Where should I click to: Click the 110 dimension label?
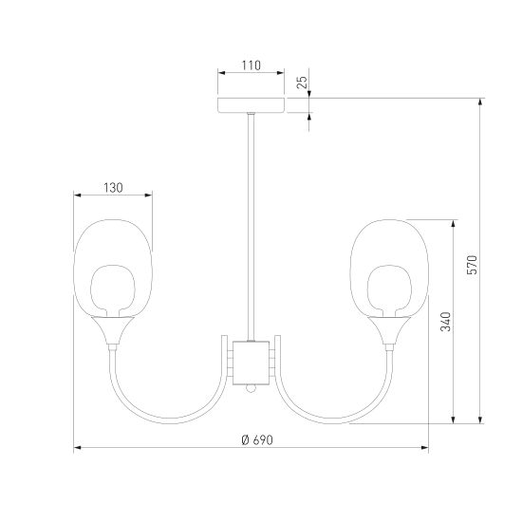pyautogui.click(x=251, y=65)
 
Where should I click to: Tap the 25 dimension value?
pyautogui.click(x=303, y=82)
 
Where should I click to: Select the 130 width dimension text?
pyautogui.click(x=113, y=188)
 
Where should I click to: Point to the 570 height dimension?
pyautogui.click(x=472, y=265)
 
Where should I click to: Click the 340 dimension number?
pyautogui.click(x=445, y=322)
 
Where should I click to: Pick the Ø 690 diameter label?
pyautogui.click(x=257, y=440)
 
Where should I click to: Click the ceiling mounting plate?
pyautogui.click(x=251, y=105)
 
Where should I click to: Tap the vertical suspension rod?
pyautogui.click(x=252, y=227)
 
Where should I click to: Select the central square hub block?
pyautogui.click(x=251, y=363)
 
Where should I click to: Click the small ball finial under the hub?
pyautogui.click(x=251, y=388)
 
